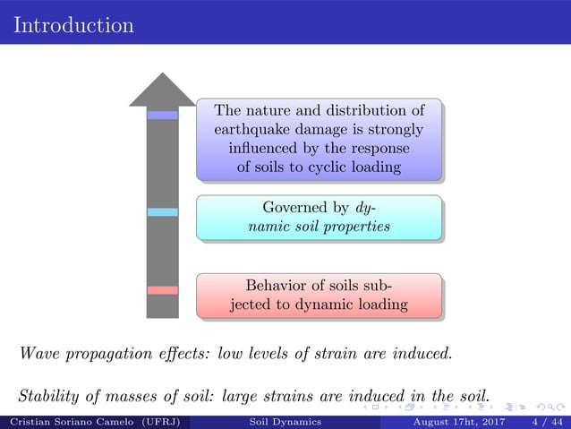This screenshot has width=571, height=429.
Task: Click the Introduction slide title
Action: coord(73,24)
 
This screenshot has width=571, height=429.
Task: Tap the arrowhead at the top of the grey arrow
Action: coord(162,90)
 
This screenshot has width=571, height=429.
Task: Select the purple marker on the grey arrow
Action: coord(162,115)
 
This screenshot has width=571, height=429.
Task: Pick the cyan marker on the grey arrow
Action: coord(162,212)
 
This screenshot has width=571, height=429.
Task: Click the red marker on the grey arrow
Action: coord(162,289)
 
